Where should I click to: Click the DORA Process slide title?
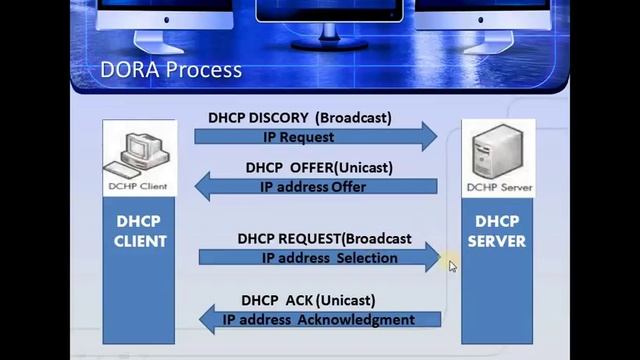171,70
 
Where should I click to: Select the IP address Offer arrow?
315,186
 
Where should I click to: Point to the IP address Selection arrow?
320,257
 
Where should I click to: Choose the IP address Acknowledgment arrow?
320,320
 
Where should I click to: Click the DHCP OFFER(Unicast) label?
319,167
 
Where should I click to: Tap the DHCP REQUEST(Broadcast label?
324,239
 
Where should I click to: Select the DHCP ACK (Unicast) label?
308,300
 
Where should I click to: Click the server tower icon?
497,153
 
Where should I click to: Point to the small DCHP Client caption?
139,186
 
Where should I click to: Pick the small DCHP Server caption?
498,187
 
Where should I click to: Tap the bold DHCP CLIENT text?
139,231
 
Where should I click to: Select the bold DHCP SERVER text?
498,231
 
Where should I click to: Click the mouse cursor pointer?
452,266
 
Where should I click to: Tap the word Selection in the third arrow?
367,257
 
